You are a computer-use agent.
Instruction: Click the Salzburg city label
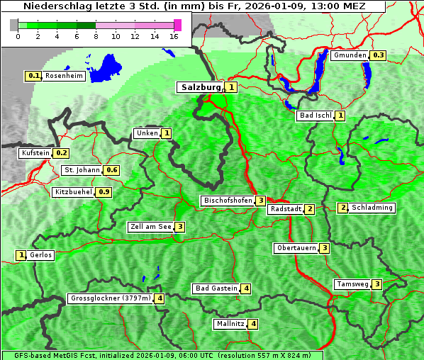tap(201, 87)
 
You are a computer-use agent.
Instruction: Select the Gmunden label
tap(350, 55)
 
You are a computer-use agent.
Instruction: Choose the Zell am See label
tap(151, 227)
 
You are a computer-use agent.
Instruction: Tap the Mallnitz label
tap(230, 324)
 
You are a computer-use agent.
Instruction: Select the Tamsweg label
tap(352, 284)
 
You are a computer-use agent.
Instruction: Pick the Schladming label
tap(372, 208)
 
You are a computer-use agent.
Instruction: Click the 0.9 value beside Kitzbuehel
tap(104, 192)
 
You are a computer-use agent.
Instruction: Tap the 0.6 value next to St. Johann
tap(111, 170)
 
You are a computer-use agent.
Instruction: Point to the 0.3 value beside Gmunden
tap(378, 55)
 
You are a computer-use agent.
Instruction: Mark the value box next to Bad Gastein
tap(245, 288)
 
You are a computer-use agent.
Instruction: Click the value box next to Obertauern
tap(324, 248)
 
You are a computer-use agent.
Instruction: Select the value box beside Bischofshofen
tap(261, 201)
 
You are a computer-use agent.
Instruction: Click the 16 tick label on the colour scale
tap(174, 36)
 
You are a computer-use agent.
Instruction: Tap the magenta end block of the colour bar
tap(177, 25)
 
